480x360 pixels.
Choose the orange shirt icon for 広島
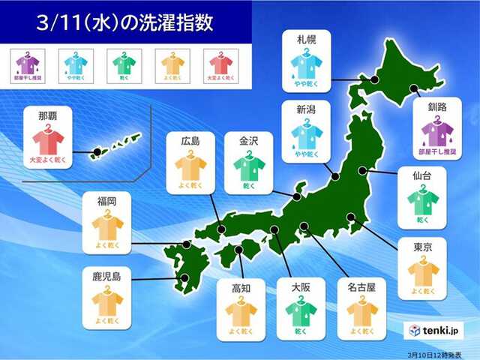(190, 166)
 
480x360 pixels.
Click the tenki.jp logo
(435, 330)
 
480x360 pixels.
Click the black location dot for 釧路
(416, 91)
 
